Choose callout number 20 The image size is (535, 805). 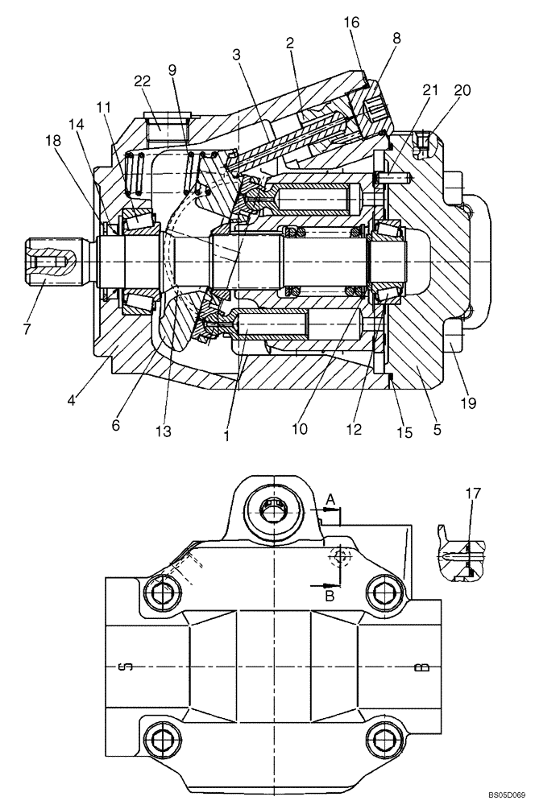tap(462, 90)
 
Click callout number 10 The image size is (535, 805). tap(299, 430)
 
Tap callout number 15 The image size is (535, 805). tap(404, 432)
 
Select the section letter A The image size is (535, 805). tap(330, 501)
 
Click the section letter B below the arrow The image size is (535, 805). tap(329, 597)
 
